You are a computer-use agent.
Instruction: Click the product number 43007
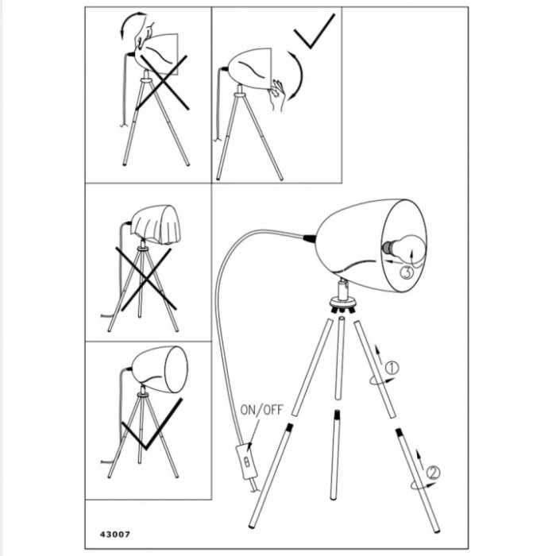pyautogui.click(x=115, y=534)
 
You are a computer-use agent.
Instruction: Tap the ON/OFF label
pyautogui.click(x=261, y=410)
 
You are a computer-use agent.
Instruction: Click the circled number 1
pyautogui.click(x=392, y=368)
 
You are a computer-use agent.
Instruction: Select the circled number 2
pyautogui.click(x=433, y=473)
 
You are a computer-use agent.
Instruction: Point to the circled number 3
pyautogui.click(x=407, y=272)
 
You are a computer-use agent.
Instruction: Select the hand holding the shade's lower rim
pyautogui.click(x=277, y=95)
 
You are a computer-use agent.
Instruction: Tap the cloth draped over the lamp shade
pyautogui.click(x=156, y=224)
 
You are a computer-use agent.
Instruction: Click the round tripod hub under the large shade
pyautogui.click(x=342, y=303)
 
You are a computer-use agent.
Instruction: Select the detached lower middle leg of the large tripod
pyautogui.click(x=334, y=455)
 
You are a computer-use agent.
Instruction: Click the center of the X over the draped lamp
pyautogui.click(x=145, y=277)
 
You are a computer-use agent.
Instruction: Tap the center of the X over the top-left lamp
pyautogui.click(x=161, y=83)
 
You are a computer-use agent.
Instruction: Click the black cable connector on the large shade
pyautogui.click(x=309, y=237)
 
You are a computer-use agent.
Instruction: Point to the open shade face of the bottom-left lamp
pyautogui.click(x=176, y=369)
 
